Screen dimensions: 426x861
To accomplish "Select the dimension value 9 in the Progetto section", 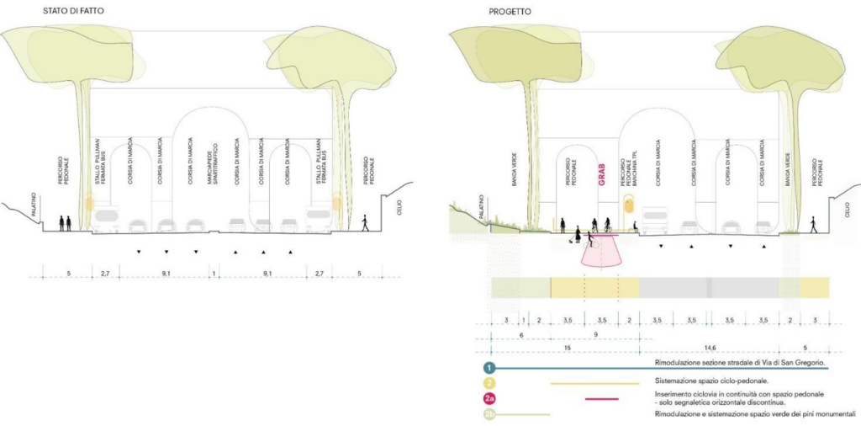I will pyautogui.click(x=595, y=334).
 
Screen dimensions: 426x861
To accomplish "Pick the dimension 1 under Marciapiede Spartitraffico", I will pyautogui.click(x=214, y=274).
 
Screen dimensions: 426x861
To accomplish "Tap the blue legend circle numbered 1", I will pyautogui.click(x=489, y=368).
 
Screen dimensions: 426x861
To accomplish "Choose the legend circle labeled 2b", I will pyautogui.click(x=489, y=414).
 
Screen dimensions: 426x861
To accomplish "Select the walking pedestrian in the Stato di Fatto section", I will pyautogui.click(x=364, y=222).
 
